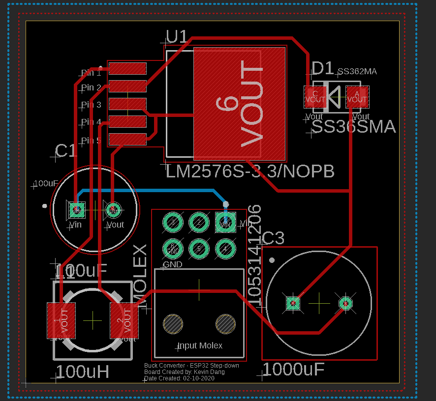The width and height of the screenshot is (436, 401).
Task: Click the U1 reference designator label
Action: coord(177,37)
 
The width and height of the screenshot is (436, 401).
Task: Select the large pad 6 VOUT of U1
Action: coord(240,103)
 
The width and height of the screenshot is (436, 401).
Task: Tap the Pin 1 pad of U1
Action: coord(127,68)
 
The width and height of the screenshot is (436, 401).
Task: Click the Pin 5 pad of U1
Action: coord(127,139)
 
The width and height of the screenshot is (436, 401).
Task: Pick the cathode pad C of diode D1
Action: coord(315,97)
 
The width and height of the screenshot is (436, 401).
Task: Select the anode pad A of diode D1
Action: coord(357,97)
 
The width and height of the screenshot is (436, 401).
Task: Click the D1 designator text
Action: coord(323,68)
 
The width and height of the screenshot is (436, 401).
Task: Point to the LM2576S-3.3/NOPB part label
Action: coord(250,172)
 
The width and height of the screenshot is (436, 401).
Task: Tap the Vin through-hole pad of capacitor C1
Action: coord(76,210)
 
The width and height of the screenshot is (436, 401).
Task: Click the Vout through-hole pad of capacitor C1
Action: coord(113,209)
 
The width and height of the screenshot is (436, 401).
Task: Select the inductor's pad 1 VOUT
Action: coord(61,320)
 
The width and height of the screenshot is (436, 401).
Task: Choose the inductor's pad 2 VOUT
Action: coord(124,320)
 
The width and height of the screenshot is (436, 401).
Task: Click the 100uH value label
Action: coord(82,372)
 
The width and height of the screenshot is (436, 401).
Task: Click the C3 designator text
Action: coord(273,239)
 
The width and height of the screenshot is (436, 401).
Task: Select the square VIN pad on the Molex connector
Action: coord(225,222)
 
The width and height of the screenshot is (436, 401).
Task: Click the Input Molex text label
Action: coord(200,346)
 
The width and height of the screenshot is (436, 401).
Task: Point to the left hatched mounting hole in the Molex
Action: coord(173,324)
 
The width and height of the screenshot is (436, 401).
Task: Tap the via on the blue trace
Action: coord(226,204)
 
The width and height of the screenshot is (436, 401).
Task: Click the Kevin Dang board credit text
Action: coord(185,372)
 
